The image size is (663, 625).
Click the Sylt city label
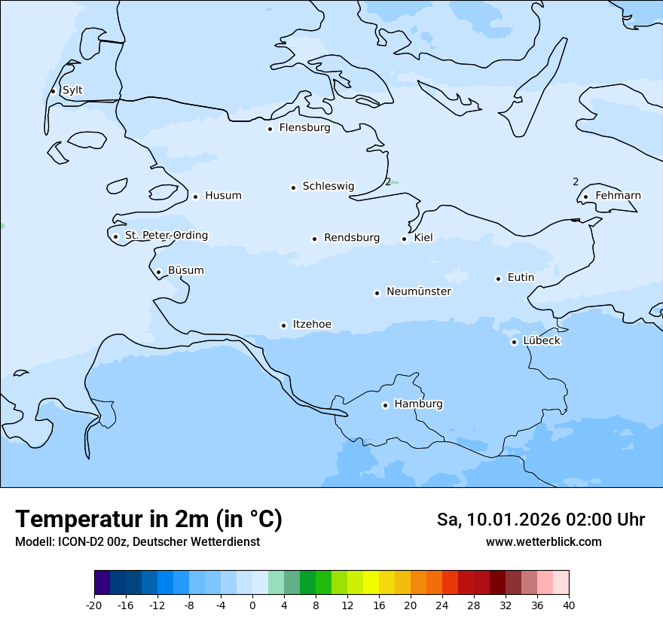point(72,90)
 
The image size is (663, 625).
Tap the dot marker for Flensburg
point(270,129)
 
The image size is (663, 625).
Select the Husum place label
point(223,196)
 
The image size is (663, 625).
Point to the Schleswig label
point(328,186)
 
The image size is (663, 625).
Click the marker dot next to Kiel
point(405,239)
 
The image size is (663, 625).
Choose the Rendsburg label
point(352,238)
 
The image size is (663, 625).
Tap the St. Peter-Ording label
point(166,236)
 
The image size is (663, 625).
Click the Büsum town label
point(185,270)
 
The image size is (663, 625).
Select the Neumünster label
point(419,291)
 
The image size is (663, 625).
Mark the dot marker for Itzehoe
point(283,325)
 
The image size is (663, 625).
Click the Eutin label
point(521,277)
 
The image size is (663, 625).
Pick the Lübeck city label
point(541,340)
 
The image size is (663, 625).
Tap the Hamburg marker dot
point(385,405)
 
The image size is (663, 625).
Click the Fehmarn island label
point(618,196)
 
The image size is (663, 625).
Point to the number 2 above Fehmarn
point(576,181)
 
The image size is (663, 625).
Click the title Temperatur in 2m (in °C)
point(148,519)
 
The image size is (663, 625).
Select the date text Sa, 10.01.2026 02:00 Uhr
point(540,520)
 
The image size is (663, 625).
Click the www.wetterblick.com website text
point(543,541)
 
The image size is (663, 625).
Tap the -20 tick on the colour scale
point(94,605)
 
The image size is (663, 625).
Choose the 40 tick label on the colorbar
point(569,605)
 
